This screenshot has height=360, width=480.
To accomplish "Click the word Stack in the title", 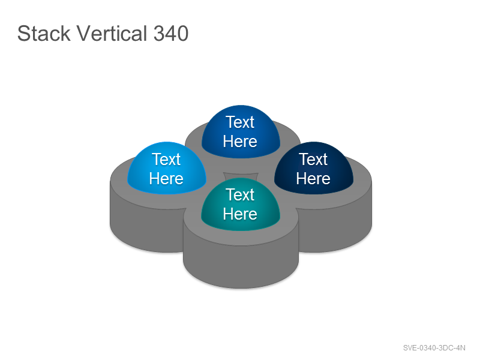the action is coord(44,33).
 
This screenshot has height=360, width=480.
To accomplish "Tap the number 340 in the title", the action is coord(171,33).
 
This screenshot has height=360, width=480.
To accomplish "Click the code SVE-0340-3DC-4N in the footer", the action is coord(434,348).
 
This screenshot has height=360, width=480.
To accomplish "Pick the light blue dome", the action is coord(167,168).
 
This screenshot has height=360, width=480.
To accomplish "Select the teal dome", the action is coord(241,204).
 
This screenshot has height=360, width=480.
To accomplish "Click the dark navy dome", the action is coord(314,168).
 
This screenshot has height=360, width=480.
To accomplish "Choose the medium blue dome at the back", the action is coord(241,131).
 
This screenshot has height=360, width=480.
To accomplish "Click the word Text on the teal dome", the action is coord(241,194).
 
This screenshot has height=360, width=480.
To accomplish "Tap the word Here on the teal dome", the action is coord(240,214).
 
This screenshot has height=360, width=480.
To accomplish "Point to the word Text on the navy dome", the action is coord(313,159).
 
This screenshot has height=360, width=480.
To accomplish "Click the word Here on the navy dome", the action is coord(313,178).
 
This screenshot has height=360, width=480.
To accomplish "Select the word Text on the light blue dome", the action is coord(167,159).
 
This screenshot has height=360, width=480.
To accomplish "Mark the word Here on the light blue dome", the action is coord(166,178).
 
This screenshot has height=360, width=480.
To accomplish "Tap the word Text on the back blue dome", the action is coord(241,122).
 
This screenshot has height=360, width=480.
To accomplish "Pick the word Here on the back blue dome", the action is coord(240,141).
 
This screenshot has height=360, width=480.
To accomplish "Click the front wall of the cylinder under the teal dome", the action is coord(241,263).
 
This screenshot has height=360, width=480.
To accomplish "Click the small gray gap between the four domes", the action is coord(241,176).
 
